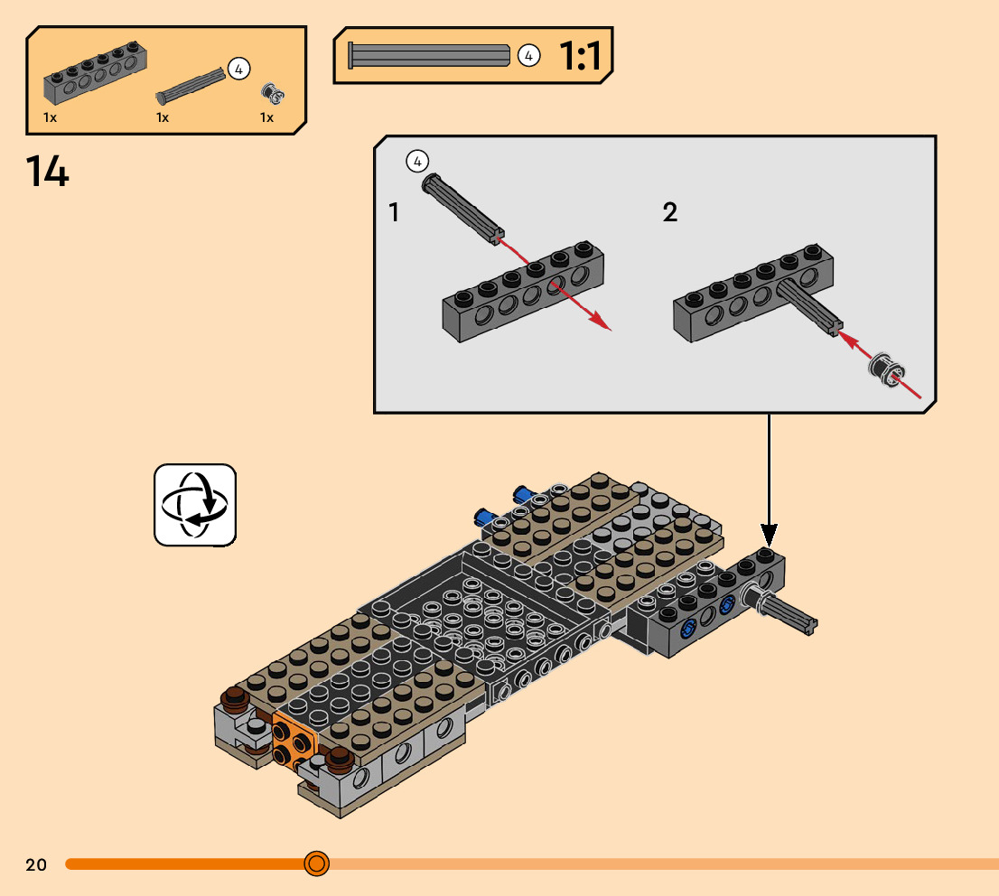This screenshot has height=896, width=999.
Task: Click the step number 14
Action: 47,172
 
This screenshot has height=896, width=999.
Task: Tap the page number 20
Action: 36,864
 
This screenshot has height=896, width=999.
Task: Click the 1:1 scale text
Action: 580,56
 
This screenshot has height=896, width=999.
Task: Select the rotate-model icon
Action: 195,505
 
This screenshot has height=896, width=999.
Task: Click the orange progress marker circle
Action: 317,863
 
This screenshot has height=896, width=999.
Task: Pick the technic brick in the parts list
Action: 95,72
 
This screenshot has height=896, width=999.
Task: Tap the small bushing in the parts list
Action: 273,94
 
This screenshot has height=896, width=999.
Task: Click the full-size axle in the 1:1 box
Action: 429,55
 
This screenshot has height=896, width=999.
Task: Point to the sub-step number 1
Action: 394,212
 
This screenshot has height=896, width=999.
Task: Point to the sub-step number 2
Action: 669,212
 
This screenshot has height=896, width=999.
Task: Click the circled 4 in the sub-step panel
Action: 417,162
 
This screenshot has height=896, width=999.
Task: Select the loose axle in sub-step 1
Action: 463,209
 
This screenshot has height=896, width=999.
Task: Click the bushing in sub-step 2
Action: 886,368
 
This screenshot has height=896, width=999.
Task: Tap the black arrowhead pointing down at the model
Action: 769,535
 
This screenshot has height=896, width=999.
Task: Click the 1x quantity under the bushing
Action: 267,117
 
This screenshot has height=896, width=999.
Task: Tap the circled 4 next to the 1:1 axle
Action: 528,56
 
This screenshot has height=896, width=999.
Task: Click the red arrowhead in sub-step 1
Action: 600,321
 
